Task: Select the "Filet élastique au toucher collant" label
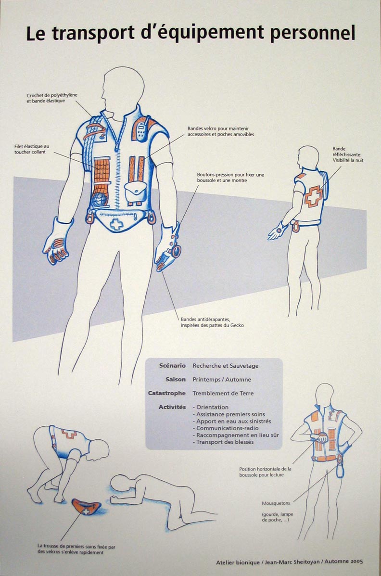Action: [x=32, y=149]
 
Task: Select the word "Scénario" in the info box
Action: [x=172, y=366]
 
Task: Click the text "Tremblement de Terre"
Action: [x=223, y=393]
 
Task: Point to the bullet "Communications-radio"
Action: [x=227, y=428]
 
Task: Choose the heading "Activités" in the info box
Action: [x=172, y=407]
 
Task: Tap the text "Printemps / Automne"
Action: [x=222, y=379]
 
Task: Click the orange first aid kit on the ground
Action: [x=87, y=507]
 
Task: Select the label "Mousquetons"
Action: [x=276, y=503]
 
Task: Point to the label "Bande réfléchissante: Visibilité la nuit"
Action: [x=347, y=154]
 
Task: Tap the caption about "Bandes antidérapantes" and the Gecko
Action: [x=212, y=322]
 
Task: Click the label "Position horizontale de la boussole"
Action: [x=265, y=472]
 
